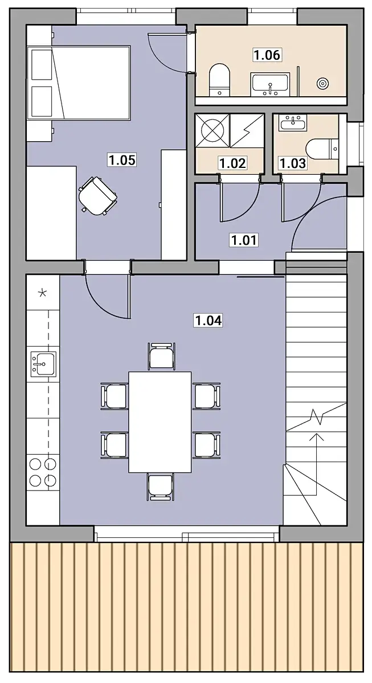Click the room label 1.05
tap(122, 160)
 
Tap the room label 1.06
tap(267, 55)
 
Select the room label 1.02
tap(232, 163)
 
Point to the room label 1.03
tap(293, 163)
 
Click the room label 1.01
tap(244, 240)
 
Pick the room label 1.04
tap(209, 320)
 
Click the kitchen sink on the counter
tap(43, 364)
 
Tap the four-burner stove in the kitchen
tap(43, 472)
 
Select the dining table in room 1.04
tap(160, 422)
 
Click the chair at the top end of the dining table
tap(161, 356)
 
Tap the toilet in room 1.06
tap(219, 79)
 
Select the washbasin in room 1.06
tap(270, 84)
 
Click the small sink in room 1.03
tap(293, 124)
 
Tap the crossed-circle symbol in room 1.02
tap(212, 130)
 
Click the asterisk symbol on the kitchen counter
tap(42, 293)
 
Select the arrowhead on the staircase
tap(317, 437)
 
